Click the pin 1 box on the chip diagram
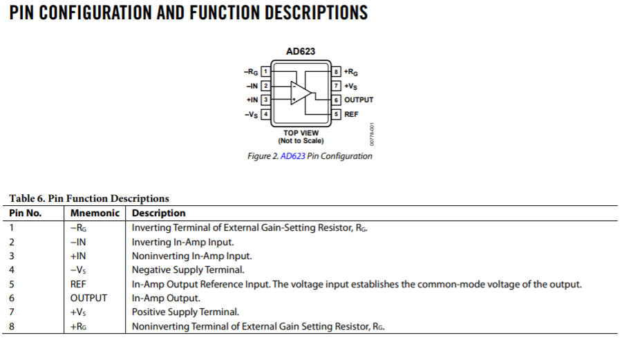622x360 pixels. (265, 71)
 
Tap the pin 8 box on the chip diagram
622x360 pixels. (337, 71)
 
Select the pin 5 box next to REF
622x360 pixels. (337, 114)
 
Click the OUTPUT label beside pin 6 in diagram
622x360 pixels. (359, 100)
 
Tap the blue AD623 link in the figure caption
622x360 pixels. (292, 156)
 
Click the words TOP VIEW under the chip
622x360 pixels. (301, 133)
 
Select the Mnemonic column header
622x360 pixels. (95, 213)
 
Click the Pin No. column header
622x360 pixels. (26, 213)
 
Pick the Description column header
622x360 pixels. (159, 213)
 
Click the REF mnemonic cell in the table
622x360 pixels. (78, 284)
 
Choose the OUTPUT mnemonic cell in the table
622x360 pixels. (88, 298)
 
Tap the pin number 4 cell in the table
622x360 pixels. (12, 269)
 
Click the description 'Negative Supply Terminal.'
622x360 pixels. (188, 269)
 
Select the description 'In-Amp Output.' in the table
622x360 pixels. (166, 298)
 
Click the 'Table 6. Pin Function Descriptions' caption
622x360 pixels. (88, 198)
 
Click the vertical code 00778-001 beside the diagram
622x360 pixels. (372, 134)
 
